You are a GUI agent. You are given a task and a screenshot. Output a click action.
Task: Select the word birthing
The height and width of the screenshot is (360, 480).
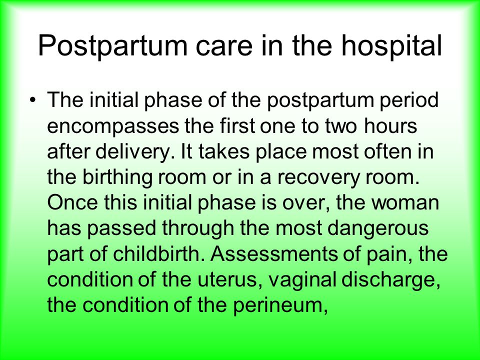117,177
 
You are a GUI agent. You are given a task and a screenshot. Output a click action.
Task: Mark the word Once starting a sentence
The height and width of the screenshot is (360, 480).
73,202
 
